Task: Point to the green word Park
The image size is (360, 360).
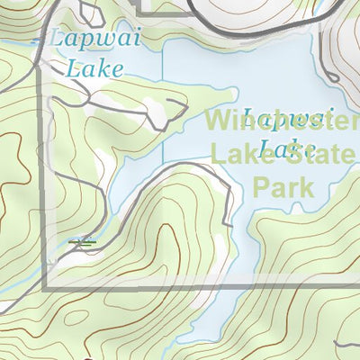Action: click(x=283, y=186)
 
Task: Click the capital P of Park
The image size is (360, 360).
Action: click(x=262, y=186)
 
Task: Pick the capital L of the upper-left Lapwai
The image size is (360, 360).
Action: click(x=55, y=40)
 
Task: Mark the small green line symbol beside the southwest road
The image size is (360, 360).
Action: click(x=82, y=241)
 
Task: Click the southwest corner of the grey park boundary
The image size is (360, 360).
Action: click(x=44, y=287)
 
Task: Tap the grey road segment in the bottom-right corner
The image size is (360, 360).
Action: click(x=346, y=350)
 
